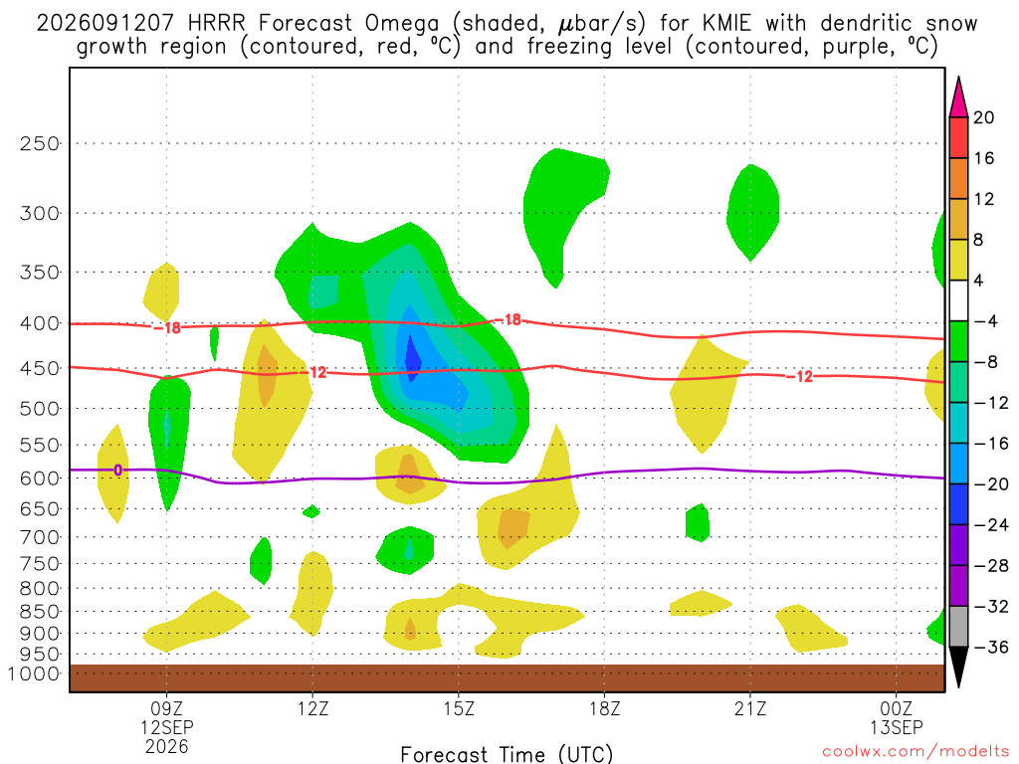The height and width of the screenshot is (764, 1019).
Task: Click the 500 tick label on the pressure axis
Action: pyautogui.click(x=40, y=409)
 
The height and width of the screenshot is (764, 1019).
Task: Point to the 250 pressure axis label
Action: pyautogui.click(x=40, y=143)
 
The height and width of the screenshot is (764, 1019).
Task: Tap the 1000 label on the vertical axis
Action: pyautogui.click(x=35, y=673)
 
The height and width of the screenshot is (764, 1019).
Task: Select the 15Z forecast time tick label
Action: pyautogui.click(x=459, y=708)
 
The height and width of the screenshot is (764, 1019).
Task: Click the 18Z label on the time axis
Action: pyautogui.click(x=604, y=708)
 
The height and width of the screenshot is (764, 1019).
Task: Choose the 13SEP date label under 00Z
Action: pyautogui.click(x=897, y=727)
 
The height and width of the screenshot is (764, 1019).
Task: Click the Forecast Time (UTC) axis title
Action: pyautogui.click(x=507, y=754)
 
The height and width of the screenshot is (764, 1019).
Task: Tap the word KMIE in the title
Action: pyautogui.click(x=725, y=24)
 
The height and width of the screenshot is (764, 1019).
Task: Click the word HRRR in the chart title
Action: pyautogui.click(x=216, y=24)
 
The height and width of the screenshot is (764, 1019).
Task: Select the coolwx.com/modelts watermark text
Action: pyautogui.click(x=916, y=752)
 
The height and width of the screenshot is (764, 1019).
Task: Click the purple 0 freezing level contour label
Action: pyautogui.click(x=117, y=470)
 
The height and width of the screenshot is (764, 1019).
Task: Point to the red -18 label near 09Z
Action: pyautogui.click(x=167, y=327)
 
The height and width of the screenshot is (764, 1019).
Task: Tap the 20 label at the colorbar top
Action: pyautogui.click(x=983, y=117)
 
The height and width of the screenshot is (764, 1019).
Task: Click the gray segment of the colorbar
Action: pyautogui.click(x=958, y=627)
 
